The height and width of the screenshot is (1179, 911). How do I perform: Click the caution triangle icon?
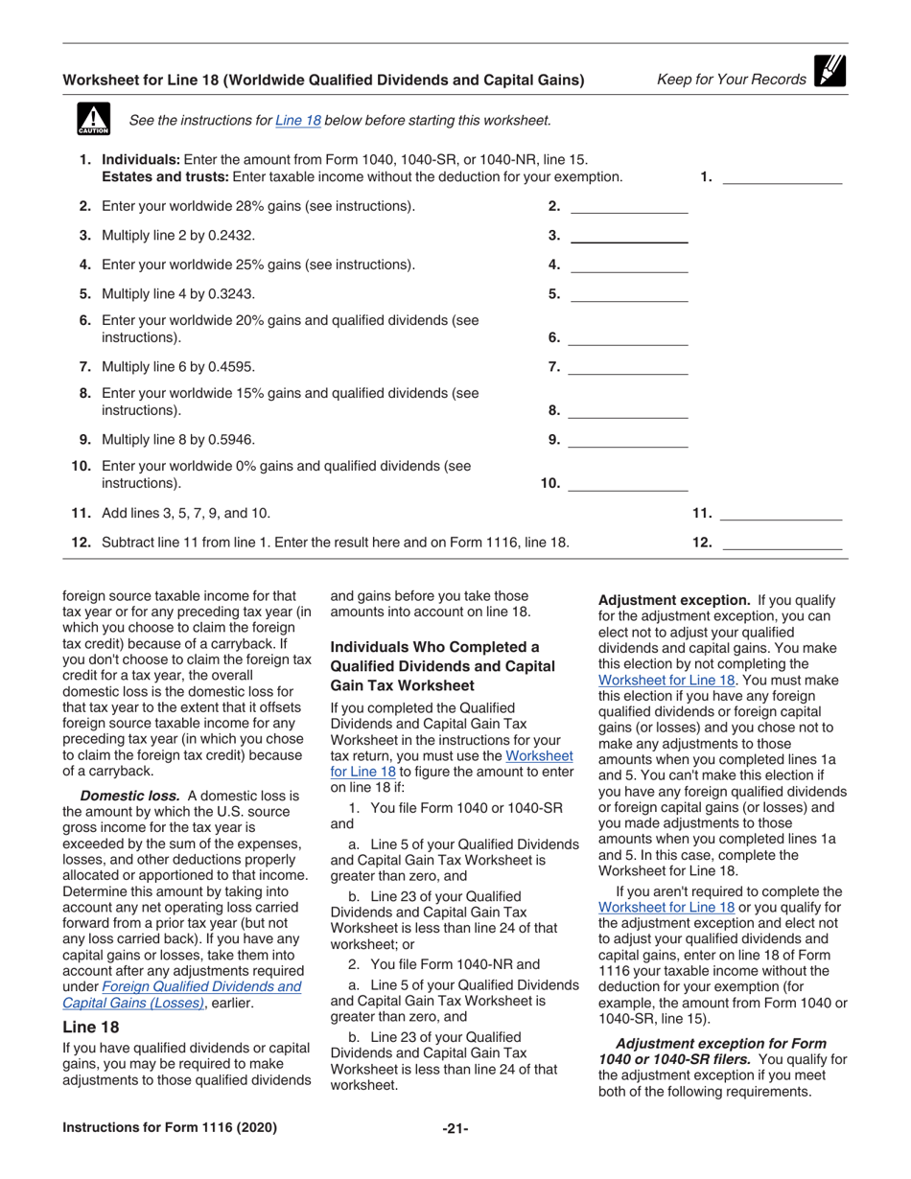click(x=93, y=119)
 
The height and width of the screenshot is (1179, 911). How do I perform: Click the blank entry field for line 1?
click(x=781, y=175)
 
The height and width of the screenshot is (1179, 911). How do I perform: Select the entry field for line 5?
click(x=629, y=294)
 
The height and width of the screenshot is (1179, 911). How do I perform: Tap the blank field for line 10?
click(x=628, y=483)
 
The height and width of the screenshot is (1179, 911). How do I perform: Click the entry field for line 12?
click(x=781, y=543)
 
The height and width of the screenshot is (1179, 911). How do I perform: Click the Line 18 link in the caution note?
click(x=297, y=121)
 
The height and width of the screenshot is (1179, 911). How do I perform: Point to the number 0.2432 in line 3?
click(x=235, y=236)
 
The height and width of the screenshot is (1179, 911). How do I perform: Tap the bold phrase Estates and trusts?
click(x=165, y=177)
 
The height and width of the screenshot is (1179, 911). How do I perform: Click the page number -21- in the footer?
click(x=455, y=1129)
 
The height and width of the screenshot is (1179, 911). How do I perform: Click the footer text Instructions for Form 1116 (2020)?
click(x=170, y=1128)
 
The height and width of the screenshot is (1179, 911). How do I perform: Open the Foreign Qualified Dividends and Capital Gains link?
click(x=201, y=986)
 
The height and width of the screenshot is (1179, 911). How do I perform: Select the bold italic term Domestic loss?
click(x=129, y=796)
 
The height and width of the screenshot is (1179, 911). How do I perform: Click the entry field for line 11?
click(x=781, y=514)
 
